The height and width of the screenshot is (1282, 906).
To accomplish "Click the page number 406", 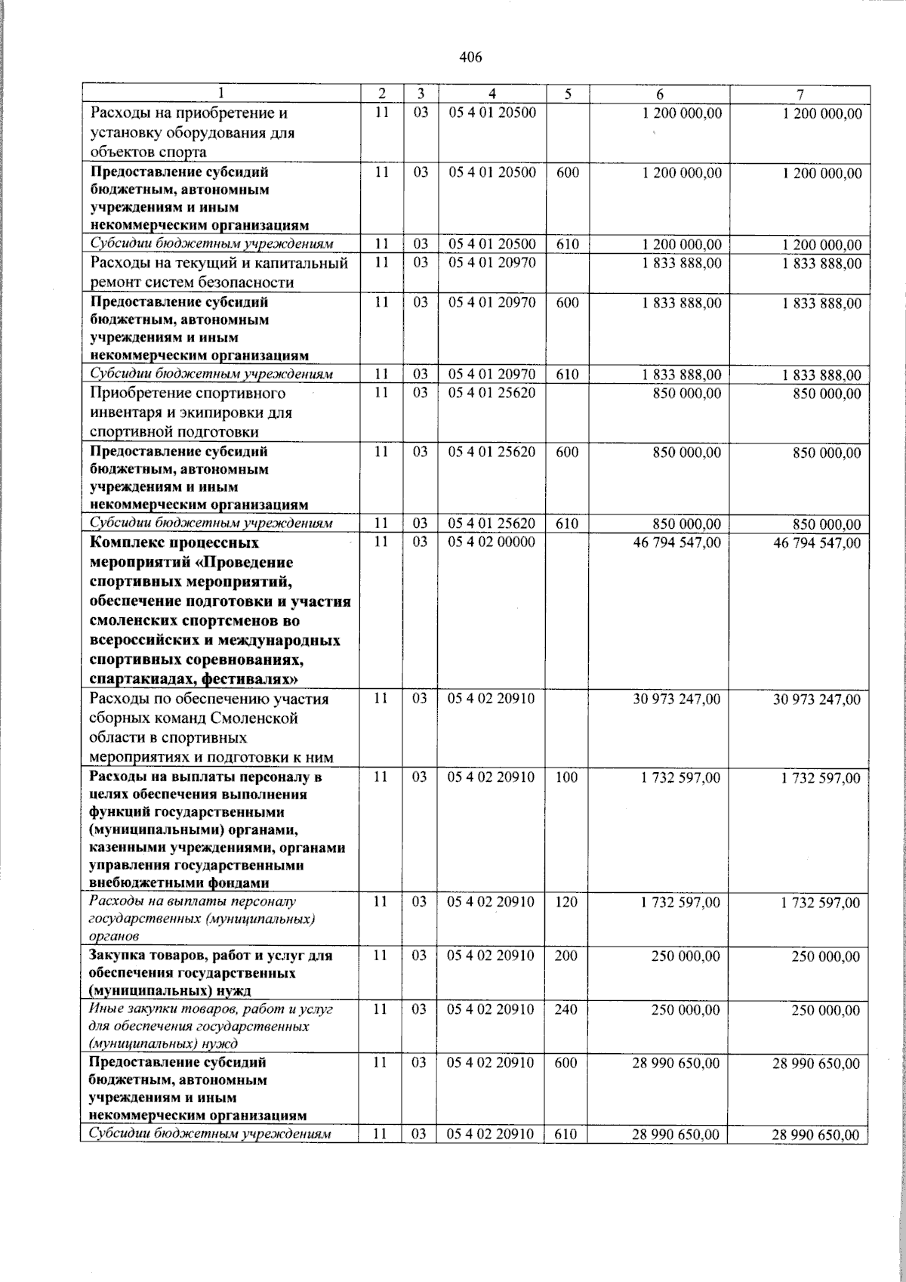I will [470, 57].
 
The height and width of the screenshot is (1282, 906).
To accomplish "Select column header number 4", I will [492, 94].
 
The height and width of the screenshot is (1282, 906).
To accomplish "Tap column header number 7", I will [800, 94].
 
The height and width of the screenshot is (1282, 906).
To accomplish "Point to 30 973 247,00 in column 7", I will [817, 700].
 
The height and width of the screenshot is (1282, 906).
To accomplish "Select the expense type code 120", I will [566, 902].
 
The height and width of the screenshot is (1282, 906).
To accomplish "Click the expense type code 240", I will [566, 1009].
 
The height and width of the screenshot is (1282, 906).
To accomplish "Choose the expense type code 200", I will [566, 956].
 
